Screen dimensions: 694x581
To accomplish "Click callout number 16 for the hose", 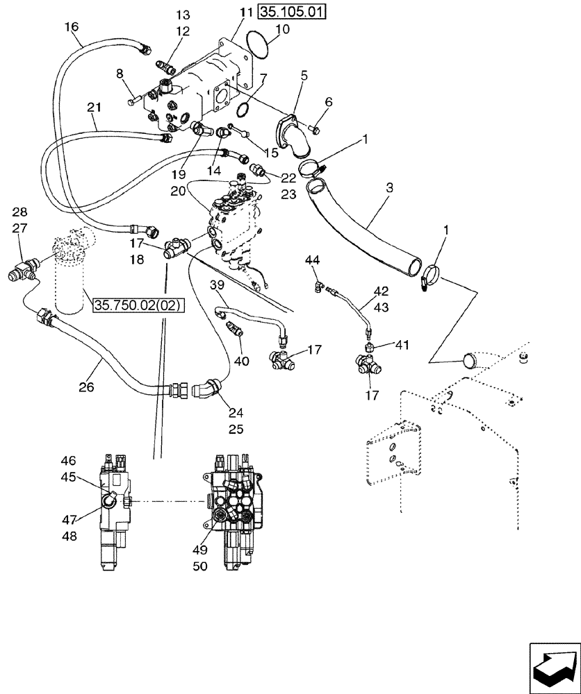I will point(72,26).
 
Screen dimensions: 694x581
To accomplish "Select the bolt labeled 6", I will point(313,127).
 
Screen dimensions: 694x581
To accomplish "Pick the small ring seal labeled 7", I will point(243,108).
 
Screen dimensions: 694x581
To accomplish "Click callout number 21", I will point(95,107).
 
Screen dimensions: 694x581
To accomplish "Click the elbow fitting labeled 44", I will point(318,283).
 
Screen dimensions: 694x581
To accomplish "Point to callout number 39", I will point(218,286).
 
